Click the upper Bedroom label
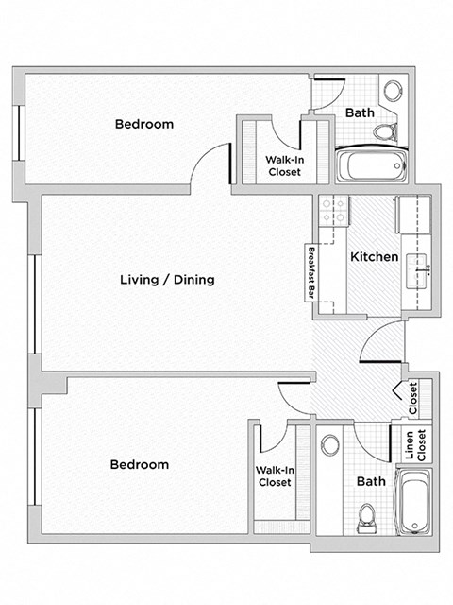144,124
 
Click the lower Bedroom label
140,464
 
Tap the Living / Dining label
168,280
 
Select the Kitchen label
373,256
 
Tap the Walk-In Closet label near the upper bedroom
283,166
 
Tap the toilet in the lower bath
366,517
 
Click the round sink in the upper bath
393,92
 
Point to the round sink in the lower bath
330,445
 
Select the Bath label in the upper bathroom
360,112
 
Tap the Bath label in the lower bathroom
371,481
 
